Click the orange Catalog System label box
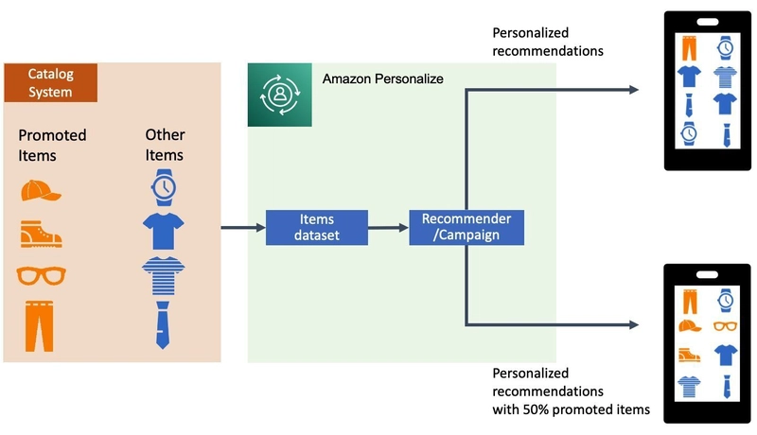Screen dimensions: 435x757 tap(50, 81)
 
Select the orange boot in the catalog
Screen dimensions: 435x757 tap(40, 233)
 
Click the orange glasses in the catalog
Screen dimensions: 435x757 tap(41, 275)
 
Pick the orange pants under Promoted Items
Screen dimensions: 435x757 tap(39, 324)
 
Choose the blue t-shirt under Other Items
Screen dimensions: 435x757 tap(164, 231)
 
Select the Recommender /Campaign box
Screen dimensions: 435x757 tap(467, 227)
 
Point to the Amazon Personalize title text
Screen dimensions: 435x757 tap(382, 78)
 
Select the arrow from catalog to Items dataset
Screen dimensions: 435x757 tap(242, 228)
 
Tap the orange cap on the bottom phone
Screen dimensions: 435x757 tap(691, 326)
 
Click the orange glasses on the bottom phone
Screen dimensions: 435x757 tap(725, 326)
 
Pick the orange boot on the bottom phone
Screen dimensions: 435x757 tap(691, 356)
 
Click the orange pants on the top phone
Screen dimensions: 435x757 tap(691, 47)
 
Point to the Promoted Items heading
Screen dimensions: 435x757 tap(52, 145)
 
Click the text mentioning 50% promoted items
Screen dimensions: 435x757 tap(571, 400)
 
